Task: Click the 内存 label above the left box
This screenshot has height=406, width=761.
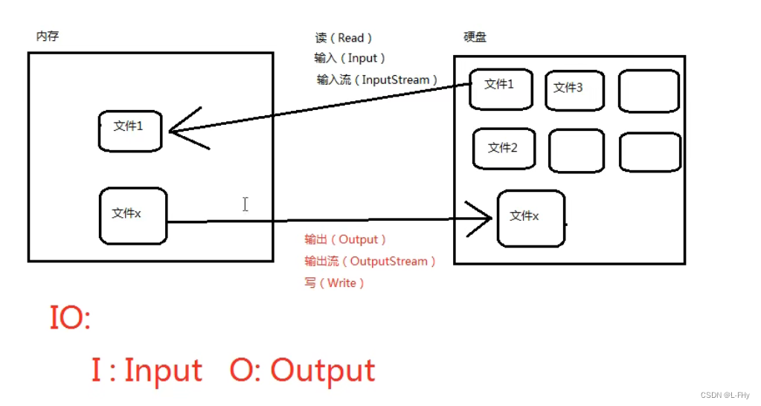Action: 47,36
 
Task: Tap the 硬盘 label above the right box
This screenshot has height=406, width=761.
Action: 475,37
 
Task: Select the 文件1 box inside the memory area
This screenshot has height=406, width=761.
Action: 130,130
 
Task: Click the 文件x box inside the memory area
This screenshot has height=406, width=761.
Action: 132,216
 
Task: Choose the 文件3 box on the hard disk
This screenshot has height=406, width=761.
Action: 574,91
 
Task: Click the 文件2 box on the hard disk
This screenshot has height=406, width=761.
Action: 504,149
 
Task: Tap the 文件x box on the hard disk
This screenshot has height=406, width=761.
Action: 530,218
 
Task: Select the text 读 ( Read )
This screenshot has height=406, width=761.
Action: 344,38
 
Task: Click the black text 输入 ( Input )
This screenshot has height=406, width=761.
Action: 350,58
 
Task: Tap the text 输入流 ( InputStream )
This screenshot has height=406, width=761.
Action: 377,80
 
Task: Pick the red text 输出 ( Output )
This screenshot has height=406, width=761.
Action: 345,239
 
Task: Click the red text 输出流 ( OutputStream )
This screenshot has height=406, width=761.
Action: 370,261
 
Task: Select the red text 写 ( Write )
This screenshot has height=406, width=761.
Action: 335,283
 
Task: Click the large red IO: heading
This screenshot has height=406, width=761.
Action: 69,319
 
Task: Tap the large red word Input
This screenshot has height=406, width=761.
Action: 163,370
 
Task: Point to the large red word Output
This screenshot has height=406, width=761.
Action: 322,370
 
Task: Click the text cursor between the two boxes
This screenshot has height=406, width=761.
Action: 245,204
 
